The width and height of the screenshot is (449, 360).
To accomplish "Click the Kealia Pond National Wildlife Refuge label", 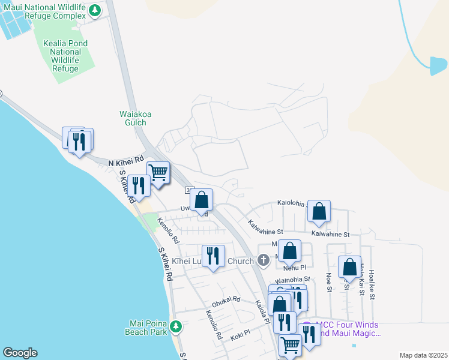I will [x=65, y=56].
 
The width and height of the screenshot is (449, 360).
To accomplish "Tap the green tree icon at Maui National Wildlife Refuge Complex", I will [x=95, y=10].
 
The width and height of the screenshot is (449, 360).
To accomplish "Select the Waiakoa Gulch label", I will [x=133, y=118].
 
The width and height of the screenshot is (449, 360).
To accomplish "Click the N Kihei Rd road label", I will [x=127, y=162].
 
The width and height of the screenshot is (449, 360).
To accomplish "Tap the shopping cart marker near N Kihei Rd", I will [x=158, y=173].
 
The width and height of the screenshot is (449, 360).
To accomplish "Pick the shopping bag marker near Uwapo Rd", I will [x=202, y=199].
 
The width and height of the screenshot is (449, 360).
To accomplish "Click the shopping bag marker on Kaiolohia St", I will [x=319, y=211].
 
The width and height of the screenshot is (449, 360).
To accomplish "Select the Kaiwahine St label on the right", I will [x=330, y=234].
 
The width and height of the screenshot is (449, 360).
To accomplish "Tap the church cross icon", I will [x=262, y=260].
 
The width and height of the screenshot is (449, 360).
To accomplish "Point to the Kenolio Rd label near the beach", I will [x=168, y=230].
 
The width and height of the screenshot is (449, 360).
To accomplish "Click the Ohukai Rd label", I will [x=226, y=299].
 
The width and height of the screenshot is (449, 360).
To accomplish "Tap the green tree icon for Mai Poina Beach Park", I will [x=176, y=326].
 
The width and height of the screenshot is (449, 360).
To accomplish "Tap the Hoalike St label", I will [x=372, y=284].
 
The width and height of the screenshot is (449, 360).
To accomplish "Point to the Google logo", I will [x=20, y=353].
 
